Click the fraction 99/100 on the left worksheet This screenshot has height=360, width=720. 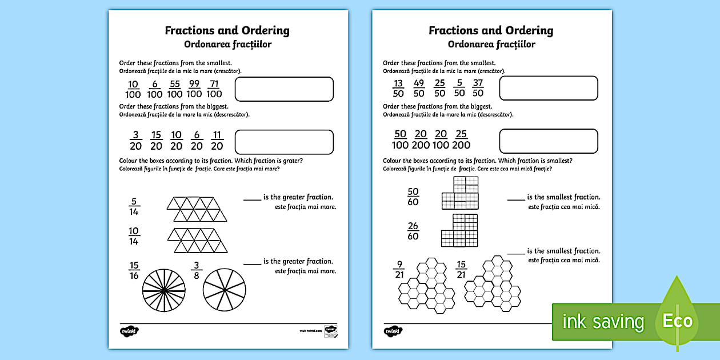194,89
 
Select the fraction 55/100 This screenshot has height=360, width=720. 175,89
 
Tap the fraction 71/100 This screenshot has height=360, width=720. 214,89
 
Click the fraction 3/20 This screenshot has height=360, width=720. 136,141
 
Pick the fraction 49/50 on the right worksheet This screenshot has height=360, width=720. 419,89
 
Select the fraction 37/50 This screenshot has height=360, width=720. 478,89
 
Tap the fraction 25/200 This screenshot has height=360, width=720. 462,139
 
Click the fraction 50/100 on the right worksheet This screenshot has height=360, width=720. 401,139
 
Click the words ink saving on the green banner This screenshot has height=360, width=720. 603,322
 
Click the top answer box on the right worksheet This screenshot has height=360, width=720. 548,89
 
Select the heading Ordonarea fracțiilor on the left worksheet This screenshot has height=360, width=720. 227,45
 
